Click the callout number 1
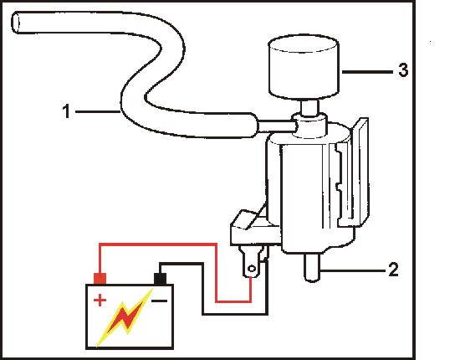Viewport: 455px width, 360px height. pos(66,111)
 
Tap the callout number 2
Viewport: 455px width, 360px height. pos(393,270)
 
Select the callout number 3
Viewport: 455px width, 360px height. pos(403,70)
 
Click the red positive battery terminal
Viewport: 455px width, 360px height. pos(100,278)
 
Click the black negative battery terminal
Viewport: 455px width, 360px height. pos(161,279)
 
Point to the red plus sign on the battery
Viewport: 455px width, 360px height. pos(100,301)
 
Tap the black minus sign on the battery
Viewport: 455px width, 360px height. pos(160,301)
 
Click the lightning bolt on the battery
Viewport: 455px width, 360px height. pos(125,316)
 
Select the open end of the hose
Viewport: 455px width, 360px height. pos(15,23)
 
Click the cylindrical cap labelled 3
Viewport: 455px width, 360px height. pos(304,68)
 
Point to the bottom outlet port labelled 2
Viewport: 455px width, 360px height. pos(312,267)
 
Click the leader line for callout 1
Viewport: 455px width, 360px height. pos(98,111)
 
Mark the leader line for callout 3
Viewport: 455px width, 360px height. pos(367,71)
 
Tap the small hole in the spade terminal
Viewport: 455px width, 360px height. pos(252,269)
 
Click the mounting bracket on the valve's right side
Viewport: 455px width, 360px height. pos(360,172)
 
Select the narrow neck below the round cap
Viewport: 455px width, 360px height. pos(309,107)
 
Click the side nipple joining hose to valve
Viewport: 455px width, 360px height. pos(277,126)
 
